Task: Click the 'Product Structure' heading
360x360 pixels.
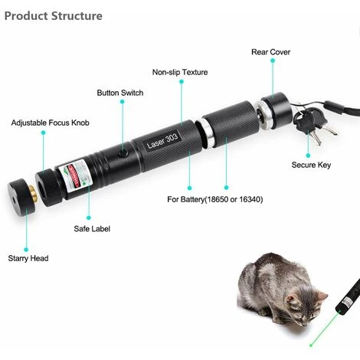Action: (x=54, y=16)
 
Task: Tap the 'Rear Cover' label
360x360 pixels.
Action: (x=270, y=52)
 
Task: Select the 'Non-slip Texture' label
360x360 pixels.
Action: (x=180, y=72)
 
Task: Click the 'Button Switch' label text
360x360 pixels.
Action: (x=120, y=93)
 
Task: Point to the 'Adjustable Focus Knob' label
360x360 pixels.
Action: (x=51, y=123)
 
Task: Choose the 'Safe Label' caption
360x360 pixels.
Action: (x=92, y=228)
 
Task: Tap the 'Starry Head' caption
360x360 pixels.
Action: (x=28, y=258)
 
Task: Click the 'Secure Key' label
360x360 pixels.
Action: (x=311, y=165)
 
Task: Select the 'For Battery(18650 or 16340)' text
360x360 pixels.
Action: (x=215, y=199)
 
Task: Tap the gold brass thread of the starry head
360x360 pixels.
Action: (x=33, y=192)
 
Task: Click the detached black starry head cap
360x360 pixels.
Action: (x=21, y=196)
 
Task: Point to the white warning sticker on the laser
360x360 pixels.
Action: (x=75, y=176)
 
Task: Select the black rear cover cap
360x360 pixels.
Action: (x=277, y=110)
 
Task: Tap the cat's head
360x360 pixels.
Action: (x=306, y=309)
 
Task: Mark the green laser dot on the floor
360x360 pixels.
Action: (x=311, y=345)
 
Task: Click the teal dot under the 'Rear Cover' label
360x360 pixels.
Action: (x=273, y=61)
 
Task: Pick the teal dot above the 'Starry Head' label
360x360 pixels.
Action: (x=26, y=250)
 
